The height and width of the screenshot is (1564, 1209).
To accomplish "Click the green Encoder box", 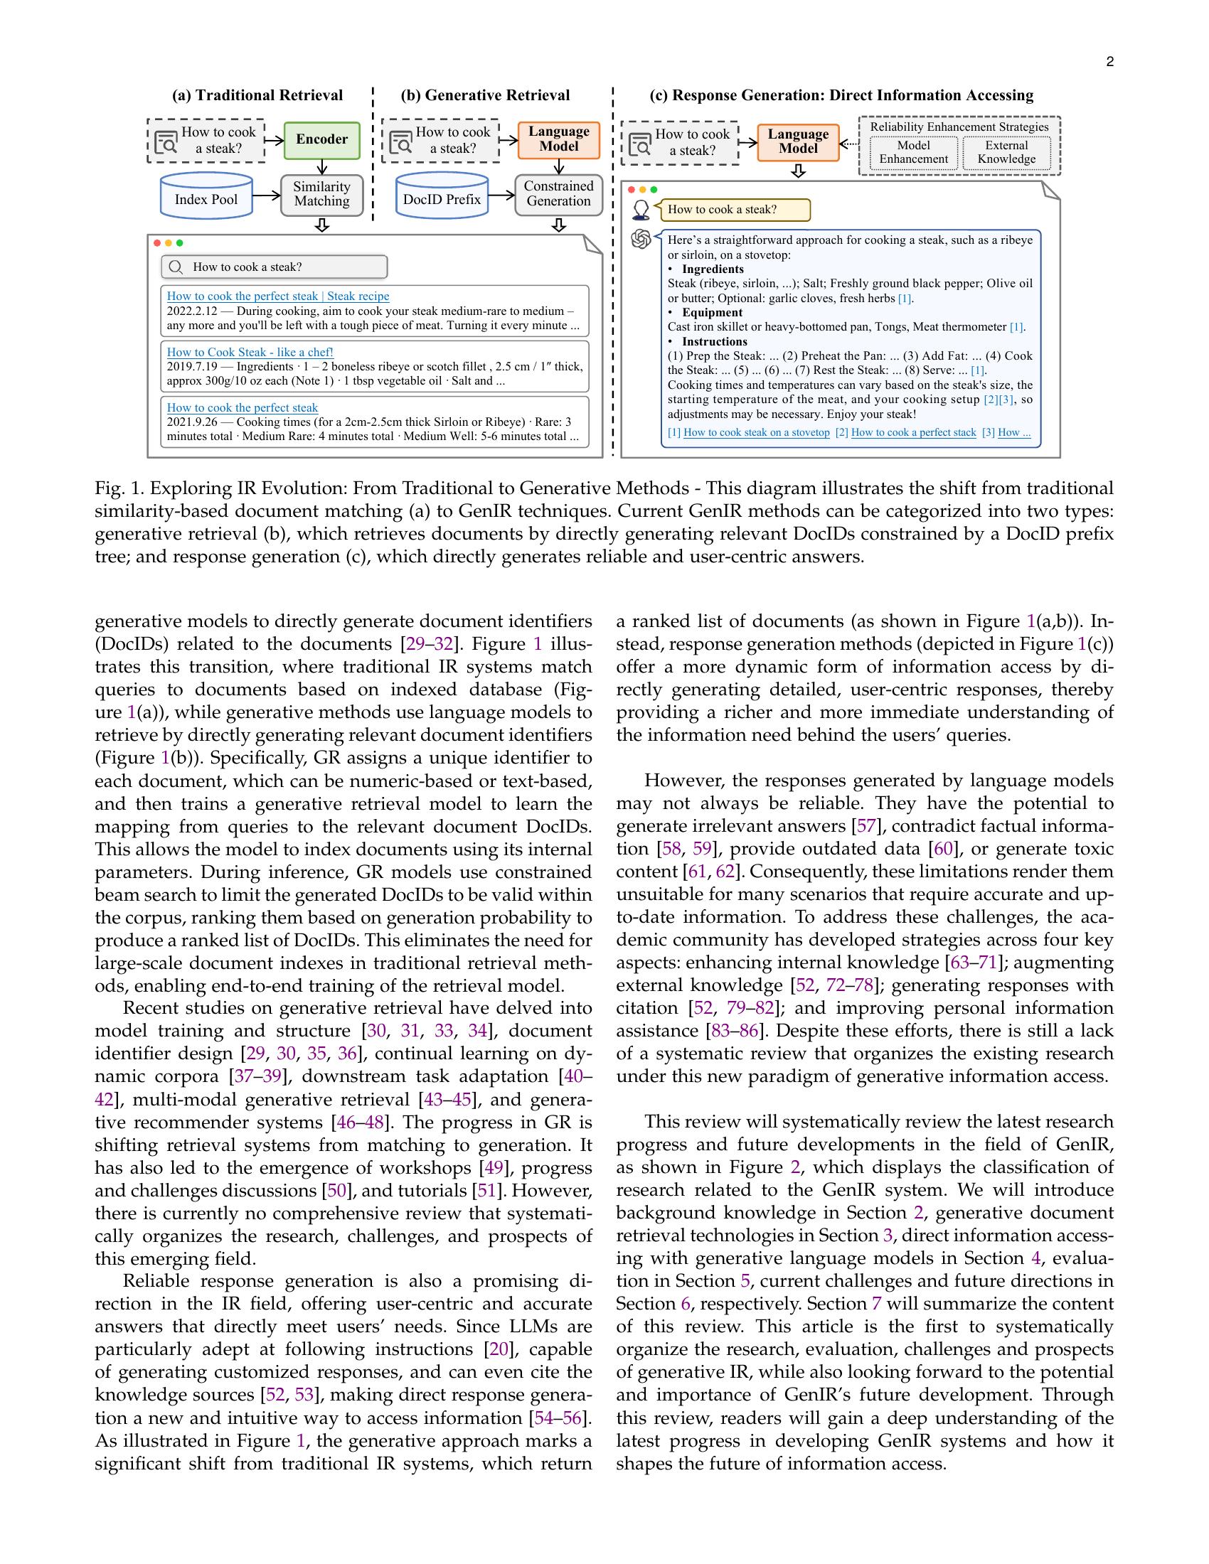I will [321, 139].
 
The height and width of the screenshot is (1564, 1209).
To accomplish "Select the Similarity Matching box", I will [321, 194].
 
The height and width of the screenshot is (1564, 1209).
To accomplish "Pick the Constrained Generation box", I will [559, 194].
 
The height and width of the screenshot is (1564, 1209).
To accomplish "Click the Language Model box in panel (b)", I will [559, 139].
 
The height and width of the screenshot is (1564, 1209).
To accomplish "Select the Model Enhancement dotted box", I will [913, 153].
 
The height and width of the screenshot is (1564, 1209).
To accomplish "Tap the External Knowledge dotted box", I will [1006, 153].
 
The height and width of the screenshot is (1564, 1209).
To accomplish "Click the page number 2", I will [1109, 62].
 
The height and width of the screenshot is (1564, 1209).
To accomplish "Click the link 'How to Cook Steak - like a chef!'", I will [250, 353].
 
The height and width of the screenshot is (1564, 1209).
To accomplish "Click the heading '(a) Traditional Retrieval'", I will [257, 95].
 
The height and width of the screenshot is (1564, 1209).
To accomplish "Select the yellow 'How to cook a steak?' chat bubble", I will [734, 210].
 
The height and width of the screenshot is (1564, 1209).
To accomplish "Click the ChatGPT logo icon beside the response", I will [640, 238].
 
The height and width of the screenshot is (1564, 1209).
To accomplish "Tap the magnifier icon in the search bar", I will [176, 267].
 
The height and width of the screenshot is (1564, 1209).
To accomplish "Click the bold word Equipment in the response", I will [712, 313].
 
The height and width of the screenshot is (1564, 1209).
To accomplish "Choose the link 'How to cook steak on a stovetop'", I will [757, 432].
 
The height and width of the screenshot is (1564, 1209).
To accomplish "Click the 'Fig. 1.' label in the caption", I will [119, 489].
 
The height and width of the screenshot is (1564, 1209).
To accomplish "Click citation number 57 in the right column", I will [866, 826].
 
